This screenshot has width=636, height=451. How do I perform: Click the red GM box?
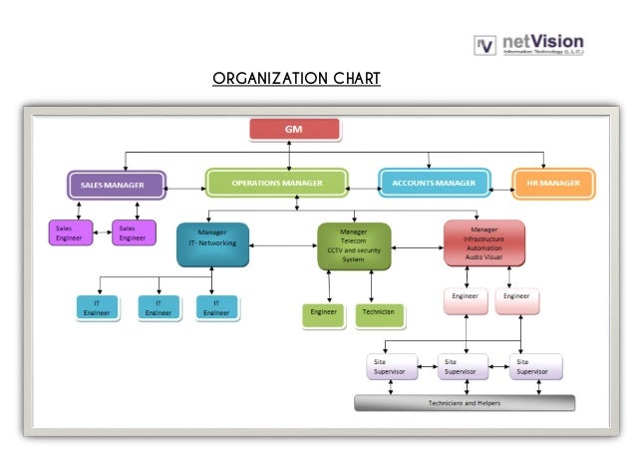tap(294, 130)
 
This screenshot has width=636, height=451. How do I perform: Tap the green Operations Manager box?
tap(276, 184)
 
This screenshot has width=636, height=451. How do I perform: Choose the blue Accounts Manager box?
tap(434, 184)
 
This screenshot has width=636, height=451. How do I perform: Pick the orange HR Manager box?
tap(552, 184)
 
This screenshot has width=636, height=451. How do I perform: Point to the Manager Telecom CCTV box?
tap(353, 245)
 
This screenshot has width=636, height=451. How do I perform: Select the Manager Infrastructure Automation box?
tap(483, 243)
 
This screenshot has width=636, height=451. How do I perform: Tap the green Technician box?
tap(379, 315)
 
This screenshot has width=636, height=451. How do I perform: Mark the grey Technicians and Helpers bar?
tap(465, 403)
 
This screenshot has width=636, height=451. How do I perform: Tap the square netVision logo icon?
tap(485, 44)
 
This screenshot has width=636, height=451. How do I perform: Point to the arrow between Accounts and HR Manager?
tap(500, 187)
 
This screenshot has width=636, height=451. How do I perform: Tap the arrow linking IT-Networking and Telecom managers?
tap(282, 245)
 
